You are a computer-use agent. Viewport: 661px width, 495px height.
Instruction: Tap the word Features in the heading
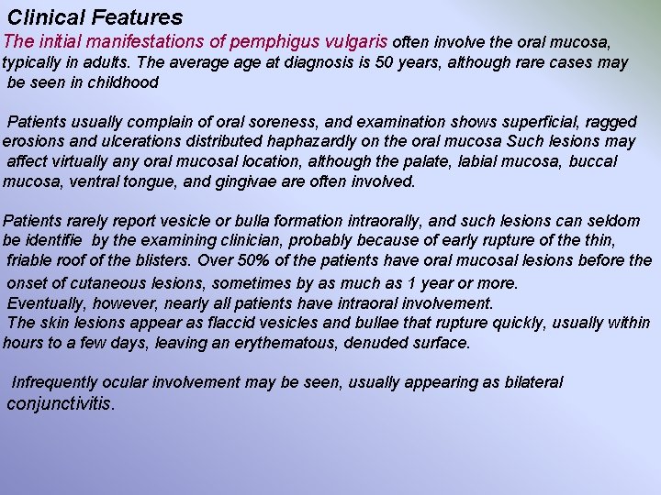click(138, 17)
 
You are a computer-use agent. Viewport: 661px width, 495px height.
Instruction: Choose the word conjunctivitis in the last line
click(60, 402)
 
